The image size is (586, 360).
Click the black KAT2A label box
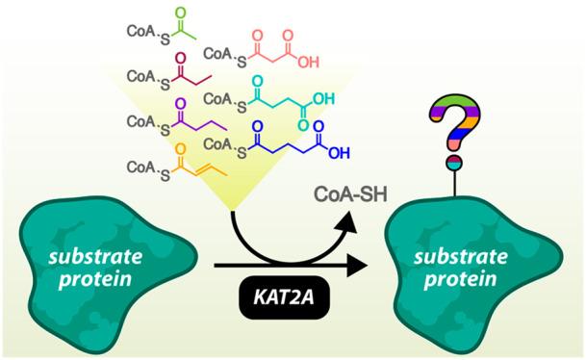coord(284,297)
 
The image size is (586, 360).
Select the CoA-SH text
coord(350,194)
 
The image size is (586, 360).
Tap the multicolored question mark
coord(455,122)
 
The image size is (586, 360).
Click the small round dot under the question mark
coord(455,163)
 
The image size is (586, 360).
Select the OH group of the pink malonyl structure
coord(308,62)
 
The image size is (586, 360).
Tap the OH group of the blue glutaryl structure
coord(339,153)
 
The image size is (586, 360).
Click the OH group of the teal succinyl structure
coord(323,99)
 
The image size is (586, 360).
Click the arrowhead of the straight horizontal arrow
coord(357,266)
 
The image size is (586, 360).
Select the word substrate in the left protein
coord(95,257)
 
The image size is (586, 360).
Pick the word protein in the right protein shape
coord(460,279)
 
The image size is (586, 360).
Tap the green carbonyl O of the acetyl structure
coord(181,13)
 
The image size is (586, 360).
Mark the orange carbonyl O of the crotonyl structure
coord(181,149)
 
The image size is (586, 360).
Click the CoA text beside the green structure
coord(140,31)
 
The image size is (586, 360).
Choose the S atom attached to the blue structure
coord(242,152)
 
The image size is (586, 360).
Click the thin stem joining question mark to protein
coord(455,183)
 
